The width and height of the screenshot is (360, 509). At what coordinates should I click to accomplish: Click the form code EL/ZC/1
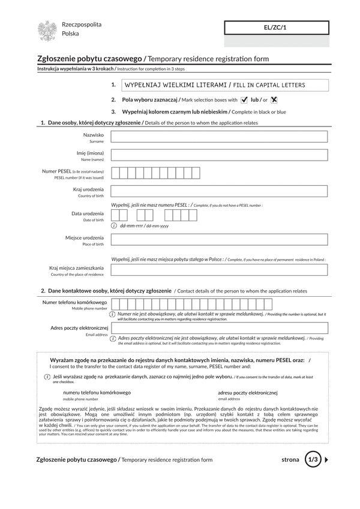276,28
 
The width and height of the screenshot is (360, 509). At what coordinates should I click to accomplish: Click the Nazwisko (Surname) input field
219,137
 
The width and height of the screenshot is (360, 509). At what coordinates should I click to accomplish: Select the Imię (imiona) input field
219,155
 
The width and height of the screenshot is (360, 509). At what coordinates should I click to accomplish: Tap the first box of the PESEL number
115,174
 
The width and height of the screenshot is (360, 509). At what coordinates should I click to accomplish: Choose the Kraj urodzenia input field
219,192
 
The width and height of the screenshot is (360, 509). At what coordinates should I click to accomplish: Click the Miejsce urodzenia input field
219,240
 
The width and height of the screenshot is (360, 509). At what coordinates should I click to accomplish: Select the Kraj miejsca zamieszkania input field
219,270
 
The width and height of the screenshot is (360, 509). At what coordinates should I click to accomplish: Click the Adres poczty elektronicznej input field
219,329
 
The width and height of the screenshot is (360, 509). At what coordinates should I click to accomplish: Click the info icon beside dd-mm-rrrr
114,226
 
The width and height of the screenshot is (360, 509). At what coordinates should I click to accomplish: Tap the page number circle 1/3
313,460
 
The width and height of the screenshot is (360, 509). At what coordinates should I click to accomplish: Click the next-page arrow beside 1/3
327,460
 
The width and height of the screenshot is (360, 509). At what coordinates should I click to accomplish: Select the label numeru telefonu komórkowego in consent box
97,393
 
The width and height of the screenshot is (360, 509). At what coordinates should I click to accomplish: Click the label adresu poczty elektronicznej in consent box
247,393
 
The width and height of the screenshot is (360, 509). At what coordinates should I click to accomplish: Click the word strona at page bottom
290,460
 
